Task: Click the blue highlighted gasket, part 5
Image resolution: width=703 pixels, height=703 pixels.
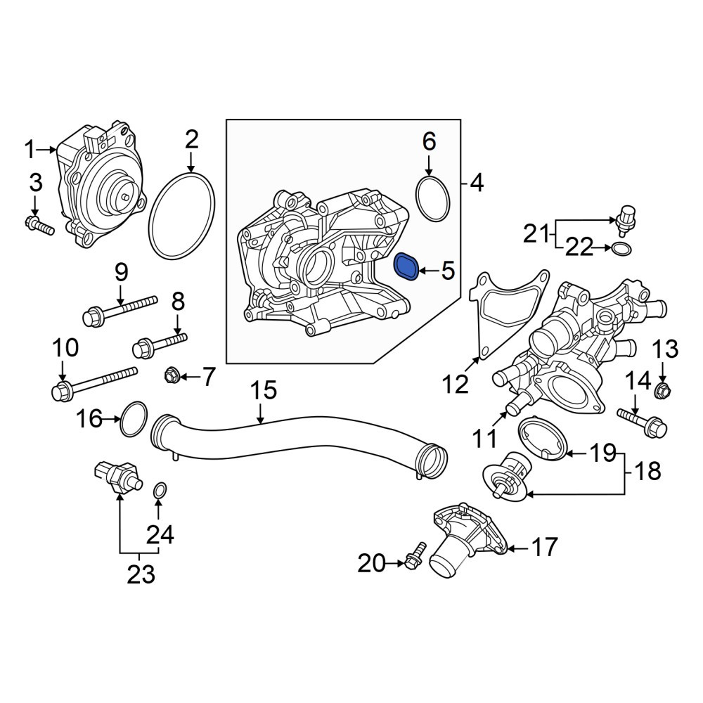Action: pos(406,268)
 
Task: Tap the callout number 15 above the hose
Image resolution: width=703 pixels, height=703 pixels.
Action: pos(263,390)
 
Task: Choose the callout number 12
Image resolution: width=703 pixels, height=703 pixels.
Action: pos(455,385)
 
